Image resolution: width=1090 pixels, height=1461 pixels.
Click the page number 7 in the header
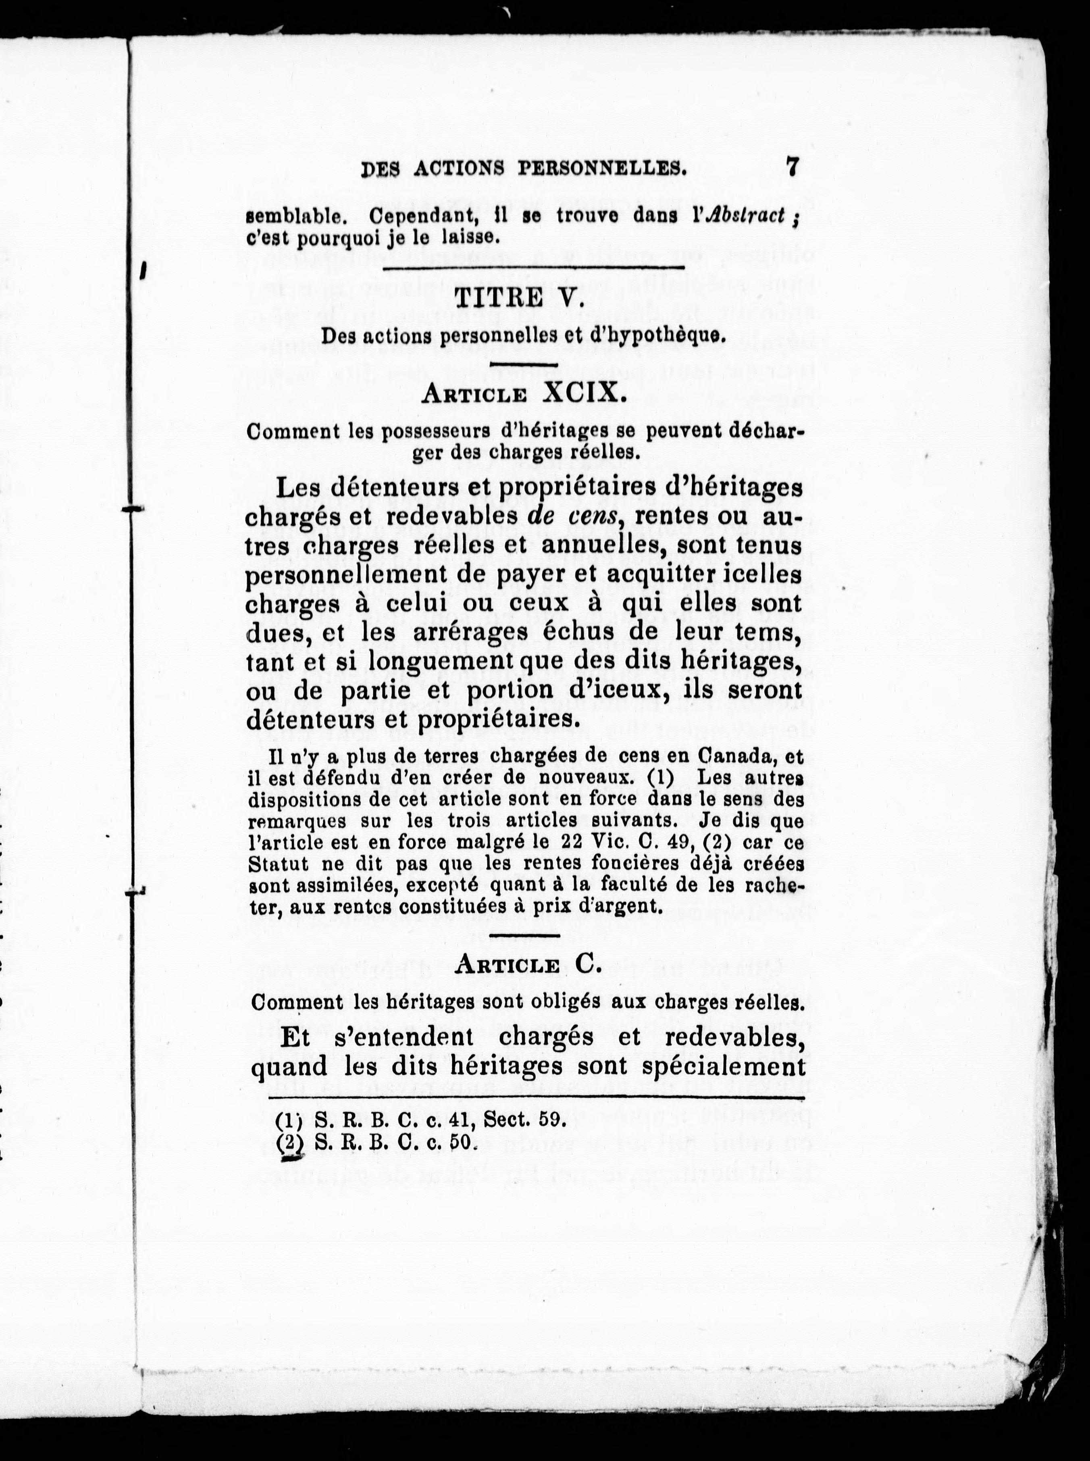click(792, 166)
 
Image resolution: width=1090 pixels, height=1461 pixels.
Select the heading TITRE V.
click(519, 300)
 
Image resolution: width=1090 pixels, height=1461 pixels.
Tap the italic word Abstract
click(745, 216)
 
